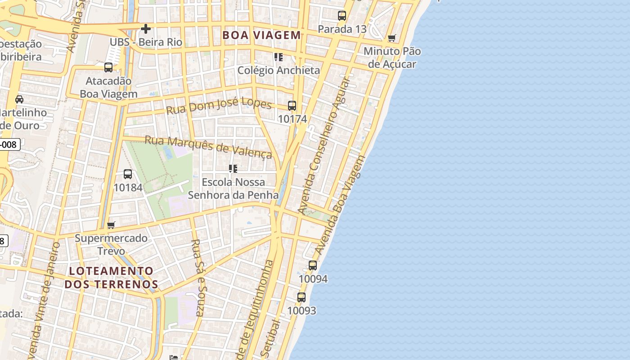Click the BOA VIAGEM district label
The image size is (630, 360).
(261, 35)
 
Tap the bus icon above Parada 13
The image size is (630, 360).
(342, 16)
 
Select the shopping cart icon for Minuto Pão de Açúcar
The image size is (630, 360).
(392, 38)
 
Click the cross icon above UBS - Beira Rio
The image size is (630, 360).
(146, 29)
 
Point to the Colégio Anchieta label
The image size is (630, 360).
(279, 70)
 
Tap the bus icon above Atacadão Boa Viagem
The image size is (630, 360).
(108, 67)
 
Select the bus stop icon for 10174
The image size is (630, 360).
(292, 106)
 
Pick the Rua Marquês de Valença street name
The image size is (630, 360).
(208, 147)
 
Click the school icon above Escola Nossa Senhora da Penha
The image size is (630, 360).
(233, 169)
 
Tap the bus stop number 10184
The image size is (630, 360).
(128, 187)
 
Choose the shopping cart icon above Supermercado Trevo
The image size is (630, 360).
(111, 225)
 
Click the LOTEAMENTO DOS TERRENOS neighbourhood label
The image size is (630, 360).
(111, 278)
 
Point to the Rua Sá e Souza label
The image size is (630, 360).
(198, 278)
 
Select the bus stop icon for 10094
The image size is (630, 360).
(313, 265)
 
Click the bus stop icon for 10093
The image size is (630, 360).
(301, 297)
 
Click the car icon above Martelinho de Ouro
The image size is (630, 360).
(19, 99)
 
